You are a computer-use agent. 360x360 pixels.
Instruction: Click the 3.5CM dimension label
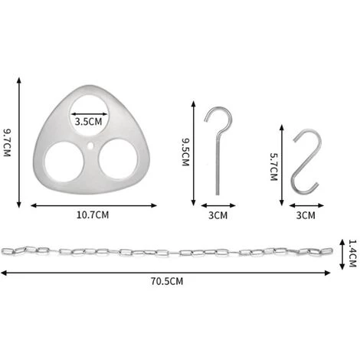click(88, 122)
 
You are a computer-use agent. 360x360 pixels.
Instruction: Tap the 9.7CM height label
click(7, 142)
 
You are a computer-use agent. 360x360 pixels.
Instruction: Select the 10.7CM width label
click(93, 215)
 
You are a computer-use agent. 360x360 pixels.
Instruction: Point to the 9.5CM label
click(185, 152)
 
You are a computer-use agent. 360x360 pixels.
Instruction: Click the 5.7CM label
click(273, 167)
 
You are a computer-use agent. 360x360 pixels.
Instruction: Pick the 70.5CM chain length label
click(167, 281)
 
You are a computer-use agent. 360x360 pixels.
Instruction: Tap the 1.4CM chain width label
click(352, 253)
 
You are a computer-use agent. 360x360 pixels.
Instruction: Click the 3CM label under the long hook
click(218, 215)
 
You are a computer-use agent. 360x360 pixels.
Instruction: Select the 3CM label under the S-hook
click(306, 215)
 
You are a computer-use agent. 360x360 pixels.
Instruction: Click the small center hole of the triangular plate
click(90, 146)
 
